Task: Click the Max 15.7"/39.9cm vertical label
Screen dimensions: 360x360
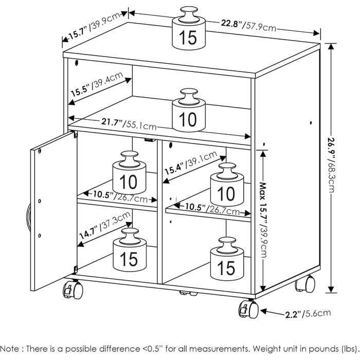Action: point(263,217)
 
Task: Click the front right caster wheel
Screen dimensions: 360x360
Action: point(248,310)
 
